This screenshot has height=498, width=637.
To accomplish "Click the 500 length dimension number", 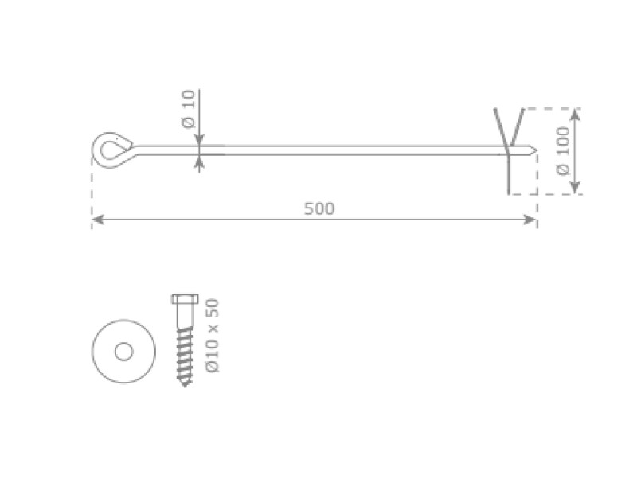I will (319, 209).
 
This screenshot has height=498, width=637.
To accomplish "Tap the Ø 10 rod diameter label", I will (188, 109).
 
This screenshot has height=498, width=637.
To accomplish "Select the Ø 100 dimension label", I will (563, 151).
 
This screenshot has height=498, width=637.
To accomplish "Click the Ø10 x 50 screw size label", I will (212, 335).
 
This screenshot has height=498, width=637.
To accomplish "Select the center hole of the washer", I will (123, 351).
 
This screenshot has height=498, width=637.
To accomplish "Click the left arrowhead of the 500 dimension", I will (96, 220).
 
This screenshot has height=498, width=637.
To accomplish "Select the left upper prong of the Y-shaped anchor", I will (499, 123).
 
